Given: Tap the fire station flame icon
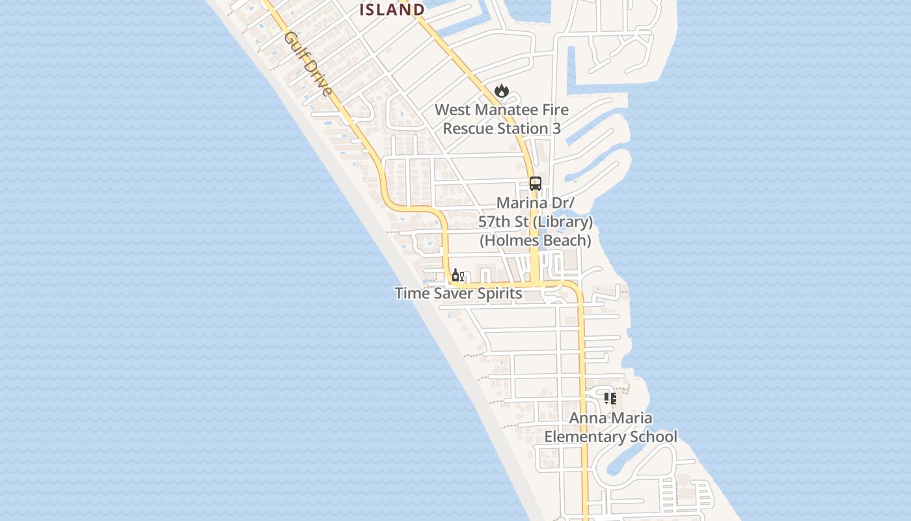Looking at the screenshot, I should (x=501, y=91).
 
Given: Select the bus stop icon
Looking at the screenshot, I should (x=536, y=184).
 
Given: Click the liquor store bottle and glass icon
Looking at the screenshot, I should (x=458, y=275).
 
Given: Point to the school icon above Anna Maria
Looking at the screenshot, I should (x=610, y=398).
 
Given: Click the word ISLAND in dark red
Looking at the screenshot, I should (x=392, y=10).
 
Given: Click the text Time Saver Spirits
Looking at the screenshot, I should (x=458, y=293).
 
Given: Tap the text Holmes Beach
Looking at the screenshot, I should (x=536, y=240).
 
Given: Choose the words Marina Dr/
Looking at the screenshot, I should (x=536, y=203).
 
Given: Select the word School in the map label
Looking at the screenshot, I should (x=657, y=436).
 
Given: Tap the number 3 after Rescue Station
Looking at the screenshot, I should (x=556, y=128).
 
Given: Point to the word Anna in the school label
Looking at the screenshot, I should (x=588, y=418).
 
